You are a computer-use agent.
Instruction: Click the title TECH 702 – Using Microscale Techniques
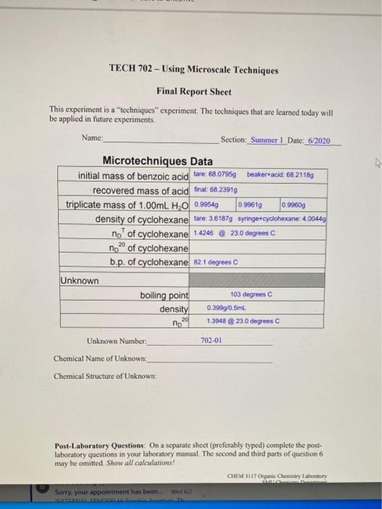[x=193, y=70]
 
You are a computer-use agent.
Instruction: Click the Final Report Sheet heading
[x=194, y=92]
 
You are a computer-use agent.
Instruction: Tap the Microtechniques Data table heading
[x=158, y=160]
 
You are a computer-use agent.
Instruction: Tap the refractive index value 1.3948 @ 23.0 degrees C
[x=245, y=321]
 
